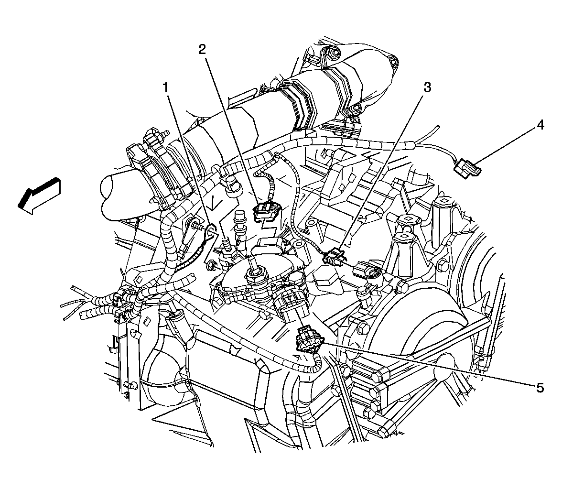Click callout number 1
click(165, 87)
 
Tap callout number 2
click(202, 50)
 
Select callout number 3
click(427, 87)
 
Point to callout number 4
click(540, 125)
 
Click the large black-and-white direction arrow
click(39, 196)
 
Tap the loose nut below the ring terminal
click(210, 266)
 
